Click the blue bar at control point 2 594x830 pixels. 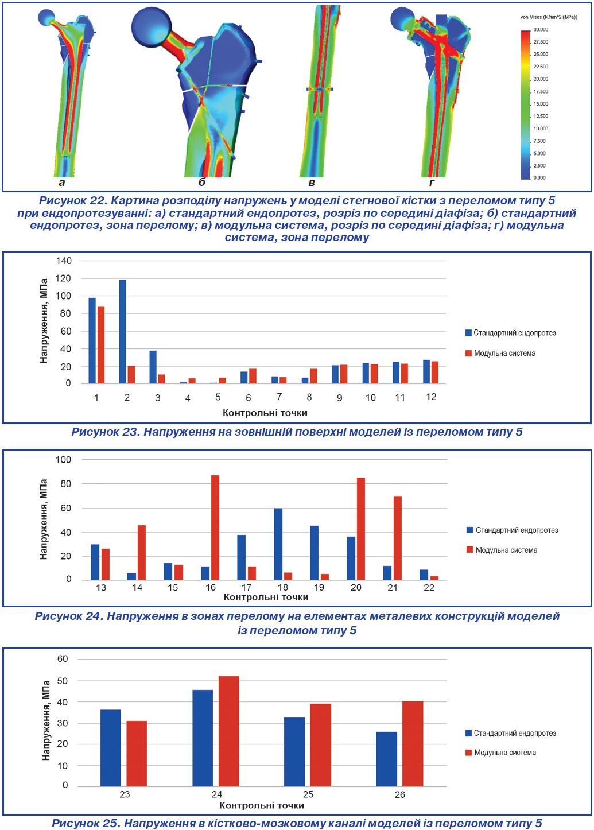point(122,331)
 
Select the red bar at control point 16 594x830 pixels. point(215,528)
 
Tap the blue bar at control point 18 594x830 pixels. point(278,544)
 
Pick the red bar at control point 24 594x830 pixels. point(228,731)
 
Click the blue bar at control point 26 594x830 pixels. point(386,759)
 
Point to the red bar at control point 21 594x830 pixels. point(398,538)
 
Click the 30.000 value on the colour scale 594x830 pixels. point(541,30)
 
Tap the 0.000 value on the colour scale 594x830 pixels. point(539,178)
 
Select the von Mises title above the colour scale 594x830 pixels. point(549,17)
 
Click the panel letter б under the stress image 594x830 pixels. point(202,183)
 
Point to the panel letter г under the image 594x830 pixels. point(432,183)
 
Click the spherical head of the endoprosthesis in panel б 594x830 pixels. point(152,27)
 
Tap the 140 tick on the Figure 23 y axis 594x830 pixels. point(64,261)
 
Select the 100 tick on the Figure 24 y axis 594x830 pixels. point(63,460)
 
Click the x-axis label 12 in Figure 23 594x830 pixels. point(431,397)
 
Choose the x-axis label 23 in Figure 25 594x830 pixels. point(125,794)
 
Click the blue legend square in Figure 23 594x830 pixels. point(468,333)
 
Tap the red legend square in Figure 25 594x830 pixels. point(468,753)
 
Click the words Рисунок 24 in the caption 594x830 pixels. point(69,616)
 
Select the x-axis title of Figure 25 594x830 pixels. point(262,805)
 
